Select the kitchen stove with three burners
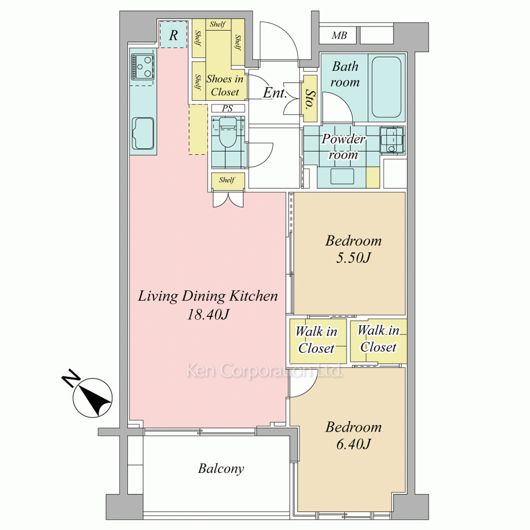(143, 67)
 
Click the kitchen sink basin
(143, 133)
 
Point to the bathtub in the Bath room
(387, 87)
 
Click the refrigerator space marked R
(173, 35)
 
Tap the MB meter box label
(339, 35)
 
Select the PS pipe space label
(227, 109)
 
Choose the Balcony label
(221, 469)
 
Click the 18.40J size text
(208, 315)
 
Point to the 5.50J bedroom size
(353, 258)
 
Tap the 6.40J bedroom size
(353, 444)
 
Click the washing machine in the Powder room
(392, 140)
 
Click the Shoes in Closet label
(225, 85)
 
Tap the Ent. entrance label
(275, 93)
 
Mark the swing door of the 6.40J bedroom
(302, 383)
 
